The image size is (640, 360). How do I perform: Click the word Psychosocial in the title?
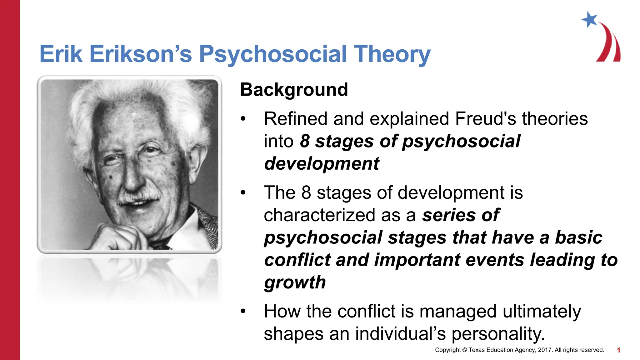272,54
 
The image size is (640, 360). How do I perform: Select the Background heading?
294,90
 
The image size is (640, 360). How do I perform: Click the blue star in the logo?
589,20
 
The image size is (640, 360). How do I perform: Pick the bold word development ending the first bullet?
322,163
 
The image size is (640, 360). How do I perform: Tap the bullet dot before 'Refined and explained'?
243,119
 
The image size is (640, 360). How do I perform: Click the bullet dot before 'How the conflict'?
243,311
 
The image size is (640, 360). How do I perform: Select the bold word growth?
295,282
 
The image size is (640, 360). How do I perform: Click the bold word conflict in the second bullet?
297,260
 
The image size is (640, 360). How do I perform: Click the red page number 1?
618,350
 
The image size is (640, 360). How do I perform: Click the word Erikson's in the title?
140,54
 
